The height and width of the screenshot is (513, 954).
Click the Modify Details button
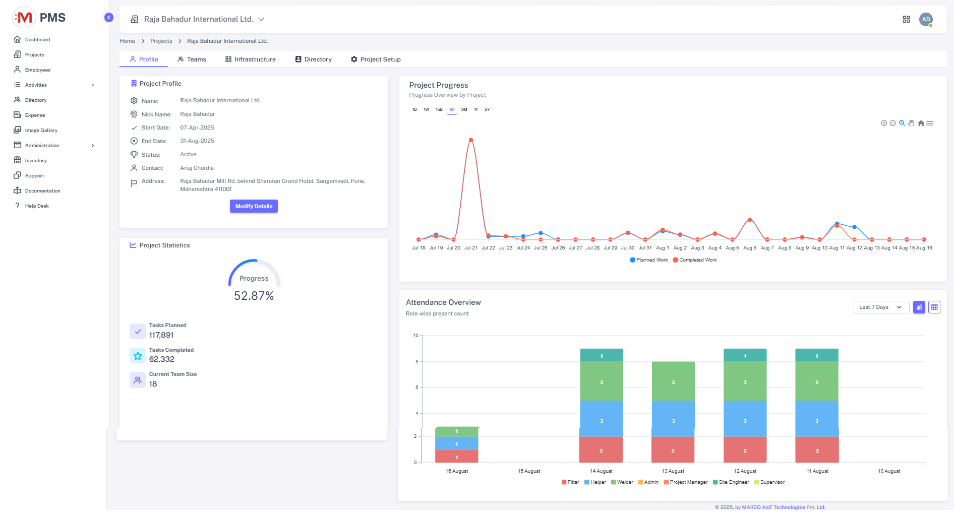(254, 206)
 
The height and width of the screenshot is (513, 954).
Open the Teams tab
(192, 59)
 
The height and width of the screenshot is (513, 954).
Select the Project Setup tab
(376, 59)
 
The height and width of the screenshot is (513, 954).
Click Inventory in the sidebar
(36, 161)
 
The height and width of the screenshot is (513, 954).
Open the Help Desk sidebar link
(37, 206)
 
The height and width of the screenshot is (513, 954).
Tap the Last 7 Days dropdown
(881, 307)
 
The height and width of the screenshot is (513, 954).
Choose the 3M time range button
(464, 109)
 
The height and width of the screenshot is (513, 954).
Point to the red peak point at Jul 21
(471, 140)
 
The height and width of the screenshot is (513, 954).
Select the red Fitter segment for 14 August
(601, 450)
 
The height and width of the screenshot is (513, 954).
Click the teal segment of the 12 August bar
(745, 355)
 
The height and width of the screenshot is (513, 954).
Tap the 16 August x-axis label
(457, 471)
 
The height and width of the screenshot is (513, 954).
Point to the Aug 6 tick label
(750, 248)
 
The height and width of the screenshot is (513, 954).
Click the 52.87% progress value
(254, 296)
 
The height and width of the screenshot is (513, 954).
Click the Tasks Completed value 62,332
(162, 359)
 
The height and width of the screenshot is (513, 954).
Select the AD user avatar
(926, 20)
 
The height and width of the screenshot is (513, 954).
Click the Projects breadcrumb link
(161, 41)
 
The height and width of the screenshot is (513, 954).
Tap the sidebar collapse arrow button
(108, 18)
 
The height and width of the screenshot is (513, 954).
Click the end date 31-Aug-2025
(197, 141)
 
